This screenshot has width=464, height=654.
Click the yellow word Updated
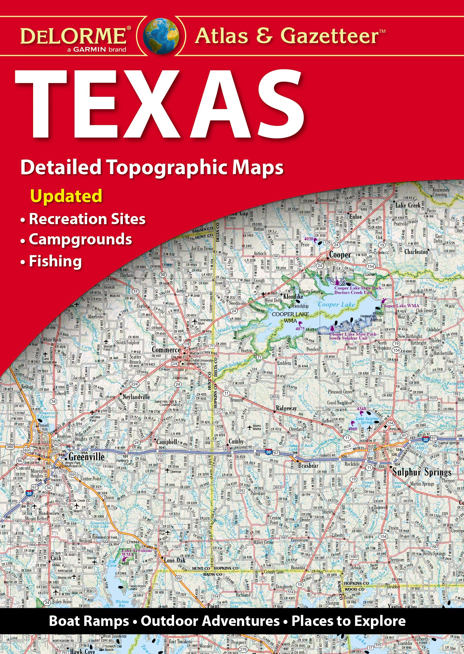(66, 196)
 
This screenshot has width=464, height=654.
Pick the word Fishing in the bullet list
(55, 261)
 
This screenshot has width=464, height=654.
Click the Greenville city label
(86, 457)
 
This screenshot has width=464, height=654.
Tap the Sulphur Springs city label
(422, 472)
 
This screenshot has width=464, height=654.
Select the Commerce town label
(166, 350)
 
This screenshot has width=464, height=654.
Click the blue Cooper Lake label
(336, 305)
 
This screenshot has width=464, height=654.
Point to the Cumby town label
(236, 441)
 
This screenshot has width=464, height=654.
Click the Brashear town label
(308, 466)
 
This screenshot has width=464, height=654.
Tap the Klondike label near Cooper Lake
(293, 296)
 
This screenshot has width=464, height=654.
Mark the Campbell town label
(167, 442)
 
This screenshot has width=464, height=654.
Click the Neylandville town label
(136, 397)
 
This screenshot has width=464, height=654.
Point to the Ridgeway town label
(286, 408)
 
